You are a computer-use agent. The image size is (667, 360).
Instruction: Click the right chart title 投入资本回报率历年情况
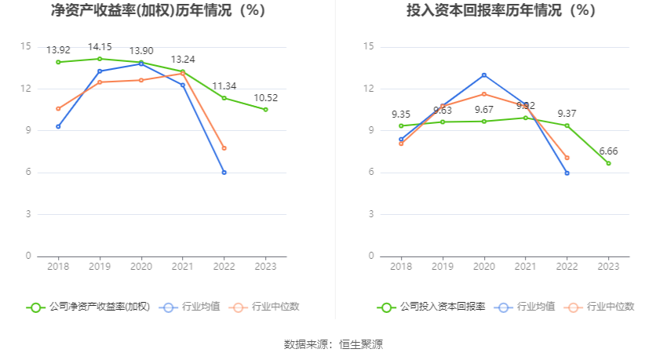click(x=501, y=11)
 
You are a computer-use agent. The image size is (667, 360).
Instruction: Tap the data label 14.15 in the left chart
click(x=100, y=47)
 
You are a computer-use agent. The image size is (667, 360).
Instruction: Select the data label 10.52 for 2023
click(x=265, y=98)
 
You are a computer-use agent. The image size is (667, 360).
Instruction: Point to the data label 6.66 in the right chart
click(x=608, y=151)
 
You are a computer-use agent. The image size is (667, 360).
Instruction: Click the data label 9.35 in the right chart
click(x=401, y=114)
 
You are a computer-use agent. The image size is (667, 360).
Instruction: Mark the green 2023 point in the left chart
click(x=265, y=110)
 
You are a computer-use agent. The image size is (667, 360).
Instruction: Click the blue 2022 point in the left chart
click(x=224, y=173)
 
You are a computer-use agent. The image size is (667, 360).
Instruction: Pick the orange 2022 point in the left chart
click(x=224, y=148)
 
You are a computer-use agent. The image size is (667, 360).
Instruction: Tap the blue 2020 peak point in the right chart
click(x=484, y=75)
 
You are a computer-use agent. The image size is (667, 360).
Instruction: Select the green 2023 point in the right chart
click(x=608, y=163)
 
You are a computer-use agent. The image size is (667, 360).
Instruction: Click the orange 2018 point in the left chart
click(x=58, y=108)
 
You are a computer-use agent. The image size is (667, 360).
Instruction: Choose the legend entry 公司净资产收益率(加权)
click(x=88, y=307)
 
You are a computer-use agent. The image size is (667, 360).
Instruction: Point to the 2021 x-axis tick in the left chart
click(x=182, y=267)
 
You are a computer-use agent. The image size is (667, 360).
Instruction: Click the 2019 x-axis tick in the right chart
click(x=443, y=267)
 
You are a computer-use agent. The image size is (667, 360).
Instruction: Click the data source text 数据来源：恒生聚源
click(x=333, y=344)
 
